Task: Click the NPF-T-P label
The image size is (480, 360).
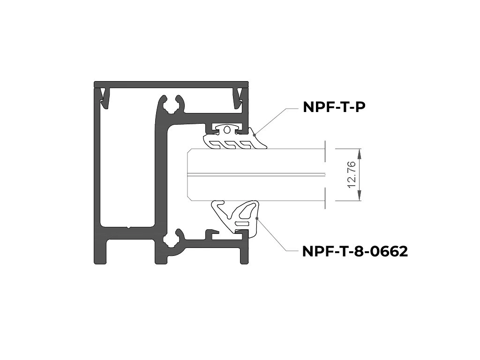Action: [334, 107]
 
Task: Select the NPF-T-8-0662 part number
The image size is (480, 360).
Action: [355, 252]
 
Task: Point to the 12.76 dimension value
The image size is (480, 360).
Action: [352, 175]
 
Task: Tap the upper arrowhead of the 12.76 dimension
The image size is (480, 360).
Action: [360, 154]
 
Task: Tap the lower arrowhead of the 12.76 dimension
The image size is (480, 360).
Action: [360, 195]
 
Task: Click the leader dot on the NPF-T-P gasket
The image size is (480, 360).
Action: [254, 135]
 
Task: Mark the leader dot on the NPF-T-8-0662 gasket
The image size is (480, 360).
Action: [257, 218]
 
